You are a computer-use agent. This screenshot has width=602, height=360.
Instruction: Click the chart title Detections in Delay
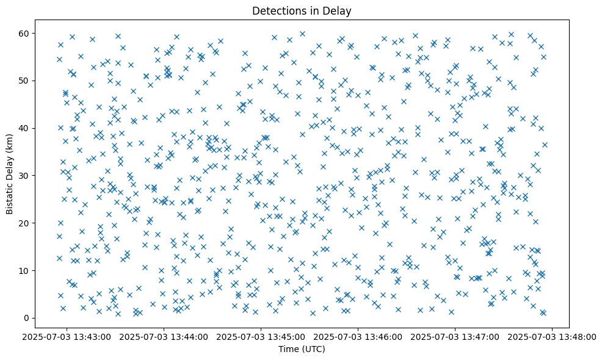[302, 11]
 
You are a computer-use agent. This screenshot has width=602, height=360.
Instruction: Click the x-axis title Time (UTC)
[302, 349]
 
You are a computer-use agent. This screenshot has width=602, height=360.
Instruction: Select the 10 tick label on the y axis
[39, 270]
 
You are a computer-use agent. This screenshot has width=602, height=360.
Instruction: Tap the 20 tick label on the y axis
[39, 223]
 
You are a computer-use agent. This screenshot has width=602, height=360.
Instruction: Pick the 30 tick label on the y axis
[39, 176]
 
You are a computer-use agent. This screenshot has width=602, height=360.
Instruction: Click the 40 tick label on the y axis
[39, 128]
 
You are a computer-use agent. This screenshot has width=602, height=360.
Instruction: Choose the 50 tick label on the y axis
[39, 81]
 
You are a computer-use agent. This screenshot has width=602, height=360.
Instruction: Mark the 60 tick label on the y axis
[39, 33]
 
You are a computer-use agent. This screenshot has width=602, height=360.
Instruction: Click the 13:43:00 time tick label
[68, 336]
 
